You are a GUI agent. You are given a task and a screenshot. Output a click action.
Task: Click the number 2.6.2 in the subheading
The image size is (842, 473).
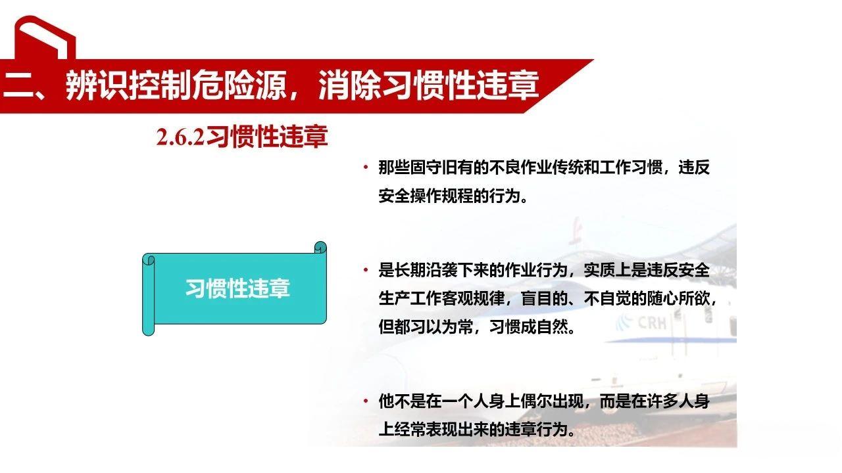[x=180, y=137]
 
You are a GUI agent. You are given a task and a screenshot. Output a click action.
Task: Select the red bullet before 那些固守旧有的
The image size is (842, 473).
[x=365, y=167]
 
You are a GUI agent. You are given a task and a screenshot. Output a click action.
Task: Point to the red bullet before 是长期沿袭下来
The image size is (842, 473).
[x=365, y=270]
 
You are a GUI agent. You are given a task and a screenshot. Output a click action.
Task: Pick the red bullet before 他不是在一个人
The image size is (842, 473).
[x=365, y=401]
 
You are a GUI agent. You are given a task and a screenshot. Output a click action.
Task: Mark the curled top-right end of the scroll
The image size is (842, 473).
[x=320, y=249]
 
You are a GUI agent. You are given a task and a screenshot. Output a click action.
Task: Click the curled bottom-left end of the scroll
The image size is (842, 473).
[x=149, y=328]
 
